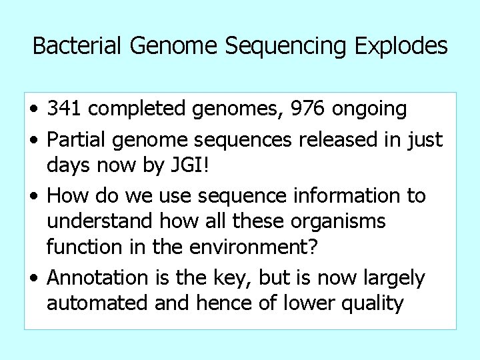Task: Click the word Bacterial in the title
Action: point(73,46)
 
